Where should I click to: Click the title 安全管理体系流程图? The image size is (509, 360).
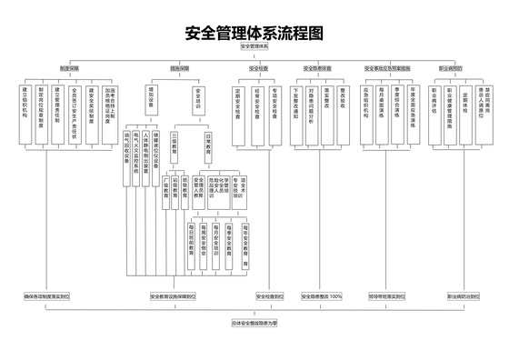point(255,34)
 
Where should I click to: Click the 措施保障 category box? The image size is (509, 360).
point(179,68)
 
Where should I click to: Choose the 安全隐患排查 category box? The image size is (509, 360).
point(317,68)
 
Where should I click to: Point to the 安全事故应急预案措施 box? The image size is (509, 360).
point(387,68)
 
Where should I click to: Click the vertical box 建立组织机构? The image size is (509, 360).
point(25,106)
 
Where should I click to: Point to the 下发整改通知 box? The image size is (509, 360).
point(296,102)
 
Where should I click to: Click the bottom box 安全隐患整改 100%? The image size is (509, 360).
point(323,296)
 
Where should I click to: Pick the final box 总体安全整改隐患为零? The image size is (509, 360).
point(255,322)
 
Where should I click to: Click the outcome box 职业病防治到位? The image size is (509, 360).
point(464,296)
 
